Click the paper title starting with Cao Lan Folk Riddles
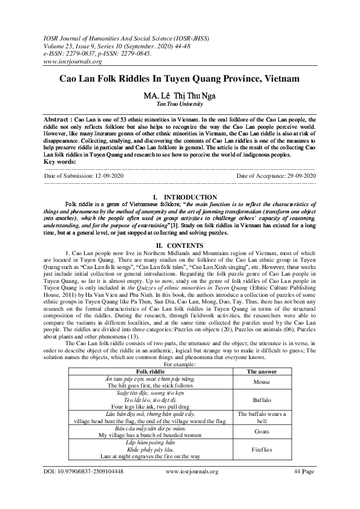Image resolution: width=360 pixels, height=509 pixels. pyautogui.click(x=180, y=79)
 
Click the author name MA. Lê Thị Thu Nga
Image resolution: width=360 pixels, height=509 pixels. pyautogui.click(x=180, y=96)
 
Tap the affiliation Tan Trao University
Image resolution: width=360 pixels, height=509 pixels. pyautogui.click(x=180, y=104)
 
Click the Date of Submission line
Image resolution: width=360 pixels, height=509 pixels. pyautogui.click(x=84, y=175)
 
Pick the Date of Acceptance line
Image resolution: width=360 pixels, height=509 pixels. pyautogui.click(x=277, y=175)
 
